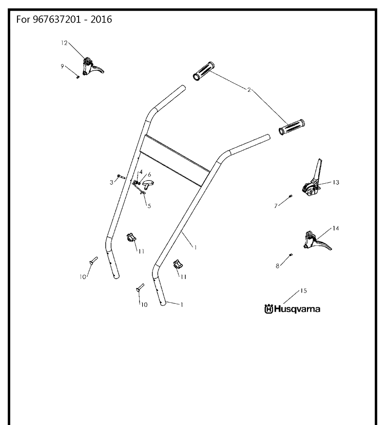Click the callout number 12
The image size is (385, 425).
(64, 43)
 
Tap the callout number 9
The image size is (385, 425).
(62, 66)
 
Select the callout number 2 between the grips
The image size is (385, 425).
(249, 90)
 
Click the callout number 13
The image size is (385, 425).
(336, 182)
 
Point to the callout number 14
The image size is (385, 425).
(336, 228)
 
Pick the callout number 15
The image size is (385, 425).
(304, 291)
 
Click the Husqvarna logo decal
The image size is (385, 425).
(292, 309)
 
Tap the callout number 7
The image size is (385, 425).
(276, 206)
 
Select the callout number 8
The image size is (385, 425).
(277, 266)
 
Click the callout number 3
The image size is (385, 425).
(111, 182)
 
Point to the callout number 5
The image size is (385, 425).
(149, 206)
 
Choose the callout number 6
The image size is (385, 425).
(149, 175)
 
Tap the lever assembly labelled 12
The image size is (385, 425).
(91, 67)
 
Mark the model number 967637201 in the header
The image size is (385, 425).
(57, 20)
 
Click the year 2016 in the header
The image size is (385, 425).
(101, 20)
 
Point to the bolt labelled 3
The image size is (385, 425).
(121, 177)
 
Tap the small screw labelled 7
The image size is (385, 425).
(291, 196)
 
